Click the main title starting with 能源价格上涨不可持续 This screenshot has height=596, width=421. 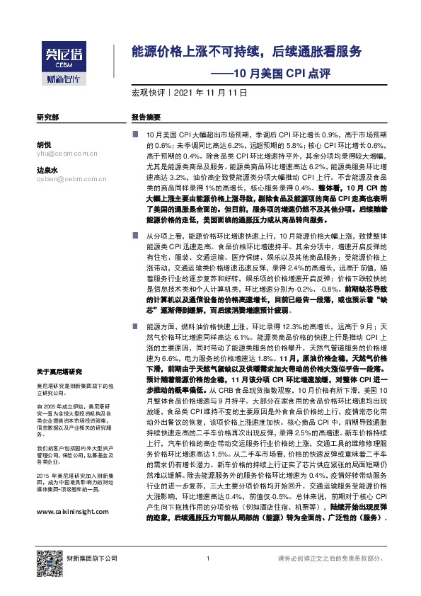click(246, 52)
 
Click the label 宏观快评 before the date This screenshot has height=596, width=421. click(147, 93)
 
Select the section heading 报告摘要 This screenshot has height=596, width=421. click(146, 117)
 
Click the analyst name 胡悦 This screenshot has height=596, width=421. click(43, 144)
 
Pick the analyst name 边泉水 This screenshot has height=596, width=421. click(46, 171)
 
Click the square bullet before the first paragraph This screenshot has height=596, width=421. click(134, 134)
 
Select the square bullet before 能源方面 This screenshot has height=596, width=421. click(134, 326)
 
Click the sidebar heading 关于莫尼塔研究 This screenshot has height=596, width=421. click(59, 370)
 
